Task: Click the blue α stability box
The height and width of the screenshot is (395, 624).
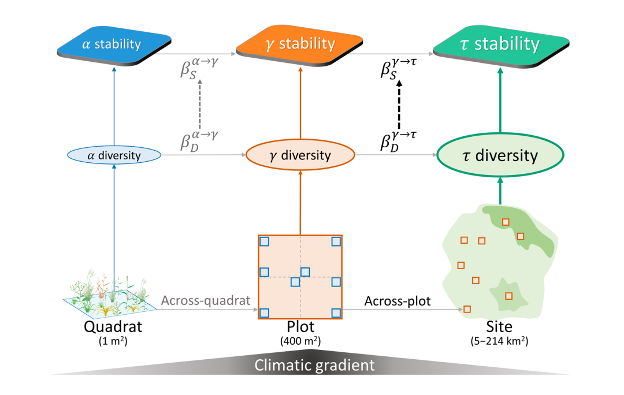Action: (114, 44)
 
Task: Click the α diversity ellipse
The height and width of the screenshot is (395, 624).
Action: (114, 155)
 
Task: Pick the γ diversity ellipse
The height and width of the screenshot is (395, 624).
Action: (300, 155)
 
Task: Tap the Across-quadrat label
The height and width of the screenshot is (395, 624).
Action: (205, 301)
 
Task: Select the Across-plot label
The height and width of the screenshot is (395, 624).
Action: (398, 301)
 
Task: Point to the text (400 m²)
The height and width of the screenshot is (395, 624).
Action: (300, 341)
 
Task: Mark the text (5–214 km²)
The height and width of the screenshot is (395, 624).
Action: (500, 341)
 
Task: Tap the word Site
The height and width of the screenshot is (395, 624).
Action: (500, 327)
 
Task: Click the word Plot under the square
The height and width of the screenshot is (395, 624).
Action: (300, 327)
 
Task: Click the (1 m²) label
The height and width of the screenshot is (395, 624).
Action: (113, 341)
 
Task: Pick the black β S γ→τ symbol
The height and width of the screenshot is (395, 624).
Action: (398, 68)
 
